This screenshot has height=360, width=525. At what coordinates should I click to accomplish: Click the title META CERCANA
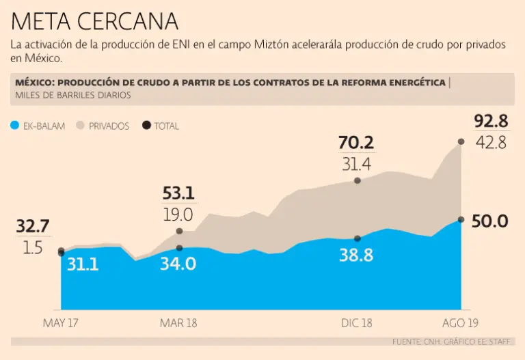(94, 21)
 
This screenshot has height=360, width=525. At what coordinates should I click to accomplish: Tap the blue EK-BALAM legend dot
(14, 126)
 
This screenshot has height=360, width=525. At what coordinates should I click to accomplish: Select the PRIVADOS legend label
(109, 126)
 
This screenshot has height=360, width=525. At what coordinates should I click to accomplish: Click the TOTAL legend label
(166, 126)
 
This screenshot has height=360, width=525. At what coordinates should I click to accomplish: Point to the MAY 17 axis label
(61, 323)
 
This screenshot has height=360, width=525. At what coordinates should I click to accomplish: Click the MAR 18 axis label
(178, 323)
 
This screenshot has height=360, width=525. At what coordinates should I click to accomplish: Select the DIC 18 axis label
(356, 323)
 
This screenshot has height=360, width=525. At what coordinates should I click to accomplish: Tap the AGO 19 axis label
(459, 323)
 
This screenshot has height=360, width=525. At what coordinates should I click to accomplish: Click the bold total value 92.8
(491, 122)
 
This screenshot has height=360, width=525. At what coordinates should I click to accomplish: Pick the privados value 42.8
(492, 143)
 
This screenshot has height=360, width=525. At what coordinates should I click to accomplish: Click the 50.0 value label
(489, 221)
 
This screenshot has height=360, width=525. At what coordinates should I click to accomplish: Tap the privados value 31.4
(356, 164)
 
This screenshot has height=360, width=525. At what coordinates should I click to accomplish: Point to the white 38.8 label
(356, 255)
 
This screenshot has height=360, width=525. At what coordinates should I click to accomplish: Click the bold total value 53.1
(178, 193)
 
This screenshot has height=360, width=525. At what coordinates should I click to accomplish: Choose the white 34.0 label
(178, 263)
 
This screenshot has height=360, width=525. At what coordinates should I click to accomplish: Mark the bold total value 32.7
(32, 227)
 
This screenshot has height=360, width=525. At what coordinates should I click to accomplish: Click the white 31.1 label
(83, 263)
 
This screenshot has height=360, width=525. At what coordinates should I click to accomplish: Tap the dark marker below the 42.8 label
(461, 141)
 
